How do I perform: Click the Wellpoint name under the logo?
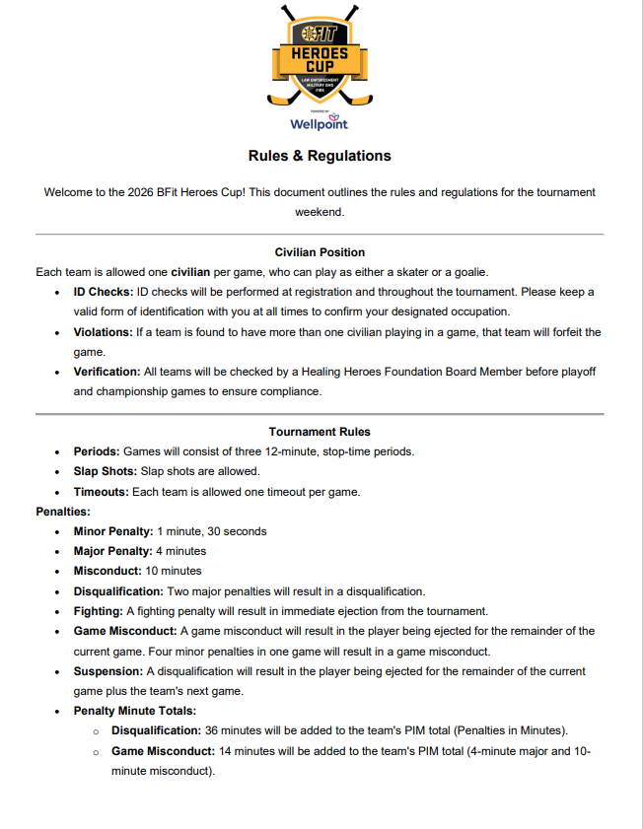[319, 125]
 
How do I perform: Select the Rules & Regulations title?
[320, 156]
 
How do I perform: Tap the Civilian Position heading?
[320, 252]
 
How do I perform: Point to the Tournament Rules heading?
[320, 431]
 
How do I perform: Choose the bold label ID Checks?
[104, 292]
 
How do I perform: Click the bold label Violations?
[104, 332]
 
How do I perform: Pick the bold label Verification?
[107, 372]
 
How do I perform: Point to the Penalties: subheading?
[63, 512]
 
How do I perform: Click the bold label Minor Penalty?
[113, 531]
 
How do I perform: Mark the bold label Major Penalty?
[112, 551]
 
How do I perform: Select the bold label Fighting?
[98, 611]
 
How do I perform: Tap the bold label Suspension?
[108, 670]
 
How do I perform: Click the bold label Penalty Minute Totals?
[135, 710]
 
